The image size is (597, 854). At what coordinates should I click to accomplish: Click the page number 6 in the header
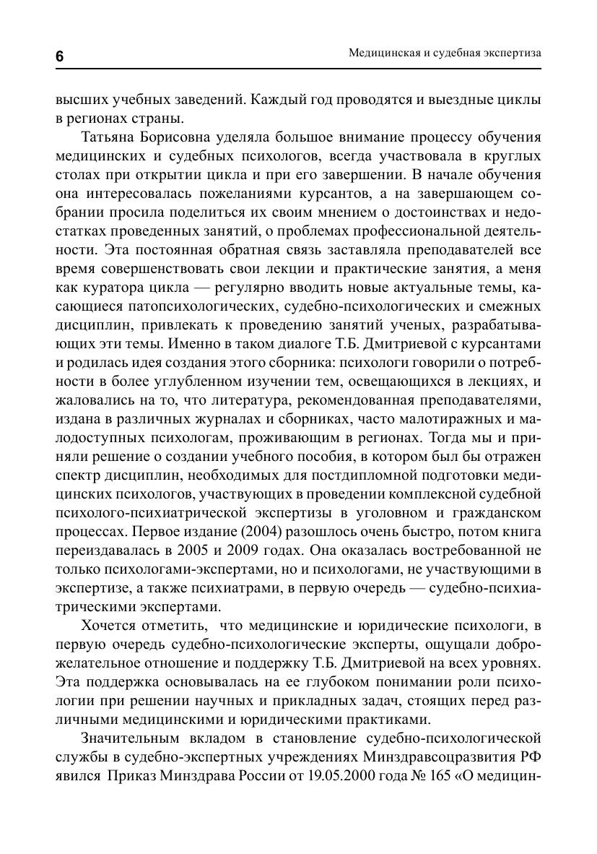click(x=60, y=58)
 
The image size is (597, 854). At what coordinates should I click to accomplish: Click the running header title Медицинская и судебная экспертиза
click(x=445, y=53)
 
